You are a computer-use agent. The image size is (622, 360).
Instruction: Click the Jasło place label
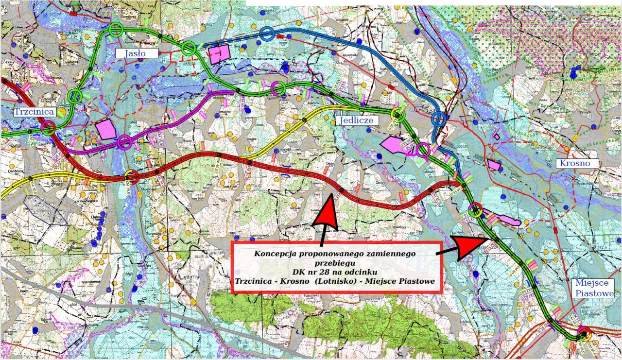tap(137, 53)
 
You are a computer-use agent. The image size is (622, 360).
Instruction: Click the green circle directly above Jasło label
tap(116, 30)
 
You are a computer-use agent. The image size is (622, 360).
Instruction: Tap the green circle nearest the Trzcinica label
tap(74, 96)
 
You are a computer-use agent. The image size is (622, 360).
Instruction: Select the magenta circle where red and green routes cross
tap(48, 128)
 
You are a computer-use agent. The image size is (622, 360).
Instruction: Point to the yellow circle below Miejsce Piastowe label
tap(585, 334)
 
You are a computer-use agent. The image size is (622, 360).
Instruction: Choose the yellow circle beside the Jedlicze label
tap(398, 115)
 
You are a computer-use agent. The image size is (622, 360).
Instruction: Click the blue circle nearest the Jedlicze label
tap(439, 118)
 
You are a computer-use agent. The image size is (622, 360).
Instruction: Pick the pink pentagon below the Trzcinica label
tap(106, 129)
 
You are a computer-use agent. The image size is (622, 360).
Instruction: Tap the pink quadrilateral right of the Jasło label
tap(219, 54)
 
